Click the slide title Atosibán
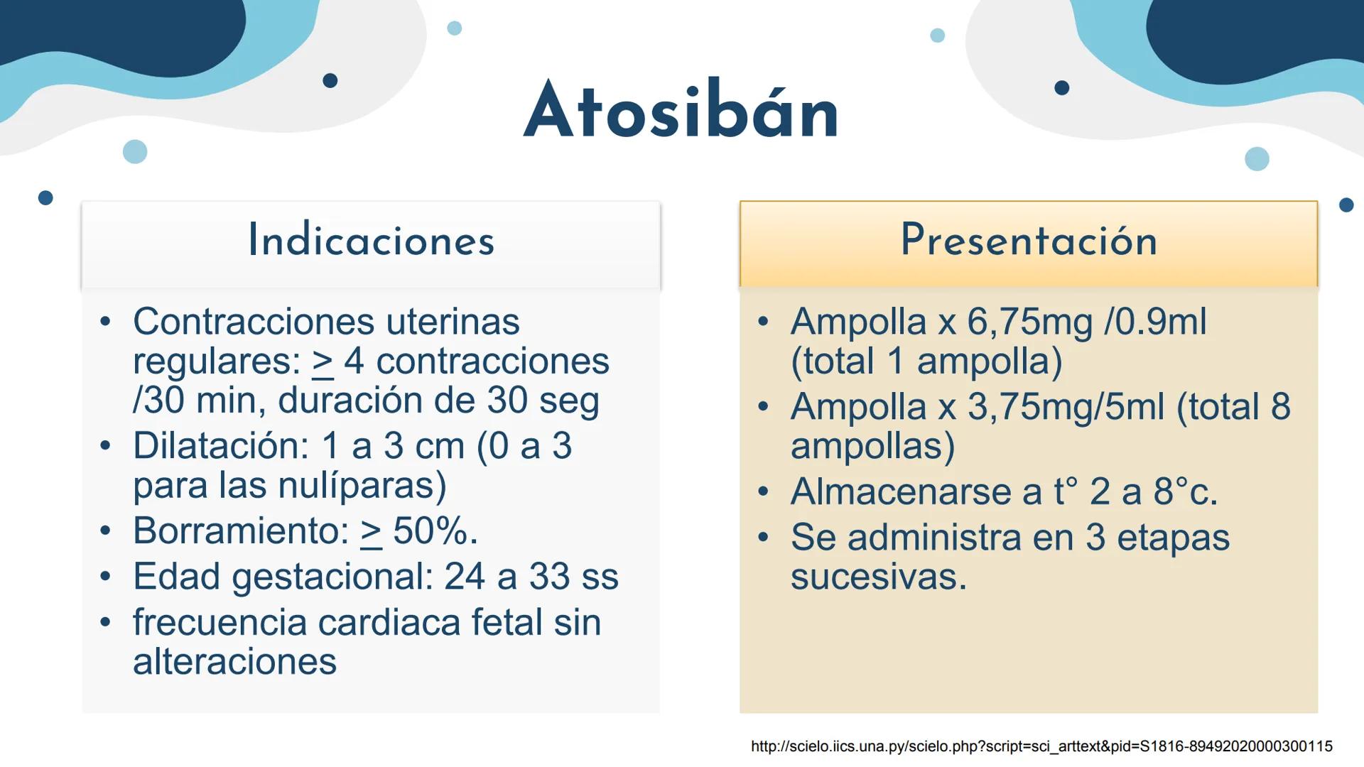click(x=681, y=111)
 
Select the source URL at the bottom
click(x=1041, y=746)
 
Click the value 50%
click(x=435, y=531)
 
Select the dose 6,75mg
click(x=1029, y=322)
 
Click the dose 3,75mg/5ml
click(x=1066, y=407)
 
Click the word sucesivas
click(x=878, y=576)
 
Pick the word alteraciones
click(x=234, y=661)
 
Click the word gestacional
click(x=332, y=576)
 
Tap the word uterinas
click(x=453, y=322)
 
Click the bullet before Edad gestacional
click(x=105, y=576)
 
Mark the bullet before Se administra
click(x=763, y=537)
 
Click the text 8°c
click(x=1185, y=491)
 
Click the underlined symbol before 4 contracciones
click(x=323, y=362)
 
